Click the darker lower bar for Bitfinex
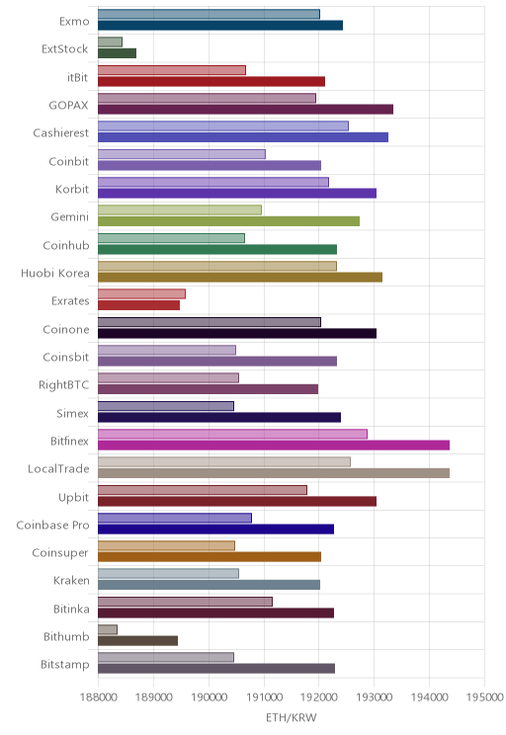274,446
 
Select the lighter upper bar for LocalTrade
224,462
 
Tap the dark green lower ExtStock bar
117,53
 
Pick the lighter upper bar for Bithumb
108,629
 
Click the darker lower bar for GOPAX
245,110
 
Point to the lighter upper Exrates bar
141,294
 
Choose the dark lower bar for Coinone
237,333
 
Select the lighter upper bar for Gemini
180,210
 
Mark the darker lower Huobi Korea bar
240,278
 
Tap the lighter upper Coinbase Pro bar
175,518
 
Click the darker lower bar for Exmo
220,26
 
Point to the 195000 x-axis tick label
484,697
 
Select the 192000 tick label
319,697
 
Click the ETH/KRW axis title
292,717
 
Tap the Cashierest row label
60,133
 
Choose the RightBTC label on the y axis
63,385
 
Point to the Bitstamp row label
64,665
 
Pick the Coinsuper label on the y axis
60,553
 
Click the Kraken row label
71,581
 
